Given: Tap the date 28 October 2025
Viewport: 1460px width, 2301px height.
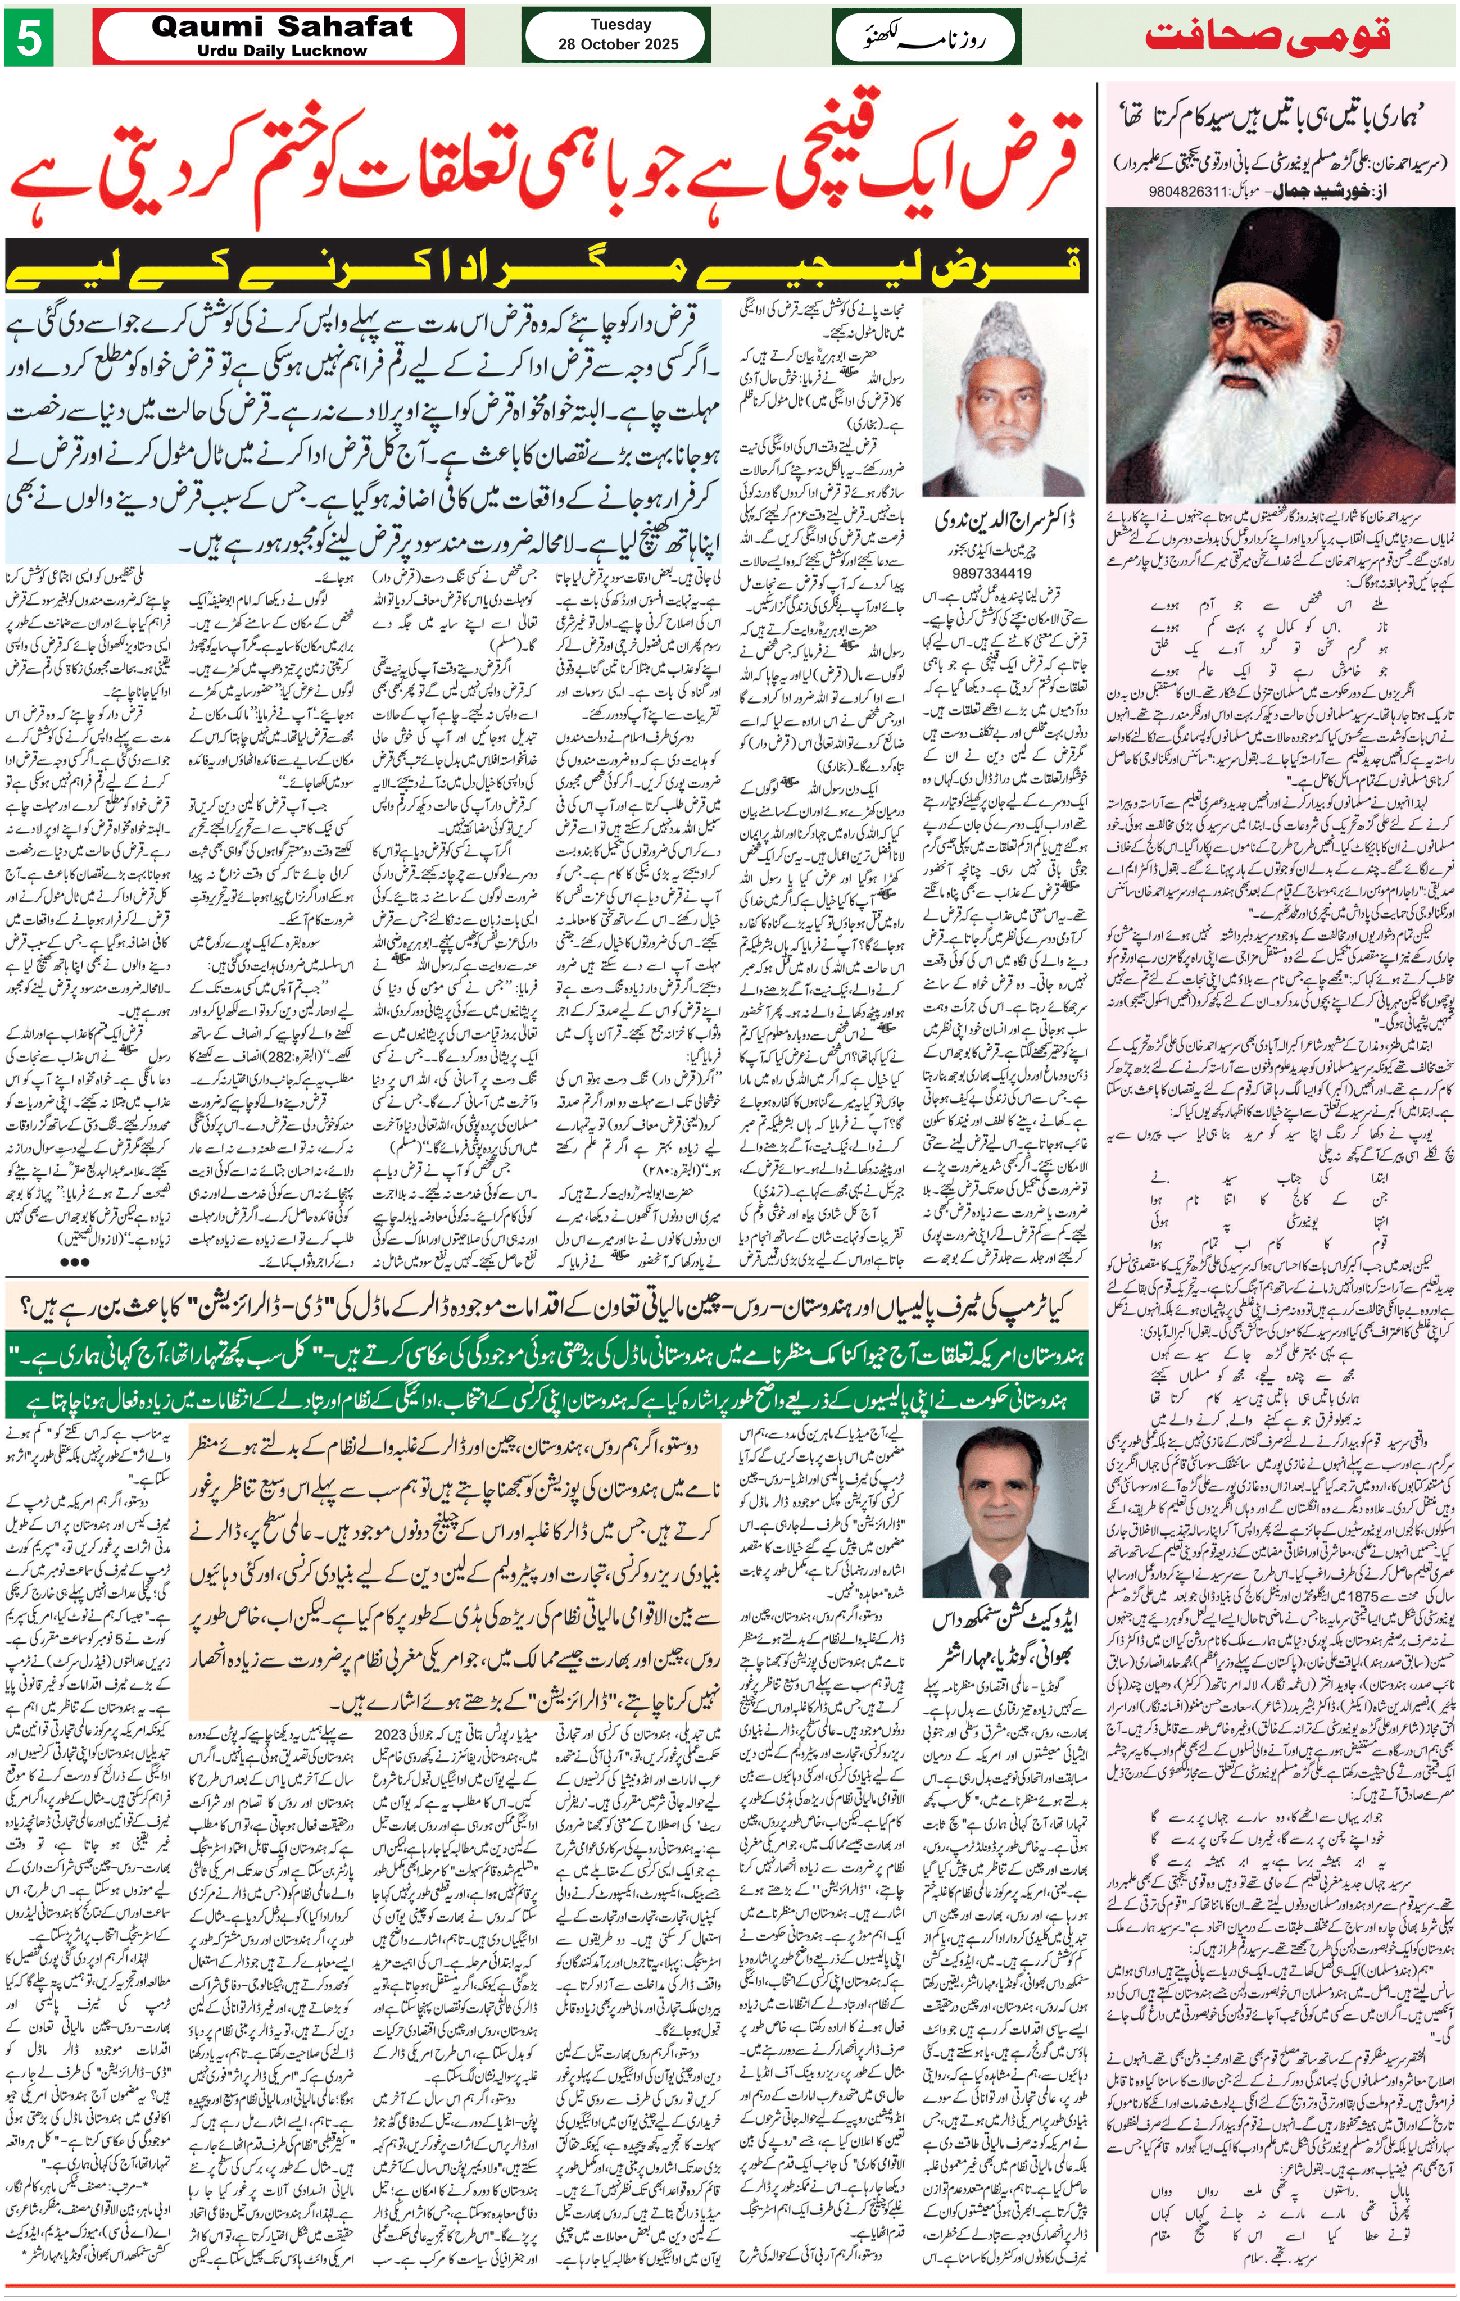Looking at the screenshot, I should coord(619,44).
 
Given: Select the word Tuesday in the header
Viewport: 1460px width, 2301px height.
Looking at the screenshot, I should coord(620,24).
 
